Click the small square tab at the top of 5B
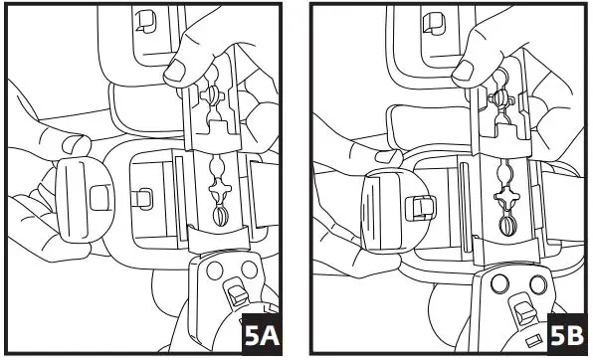click(434, 19)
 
